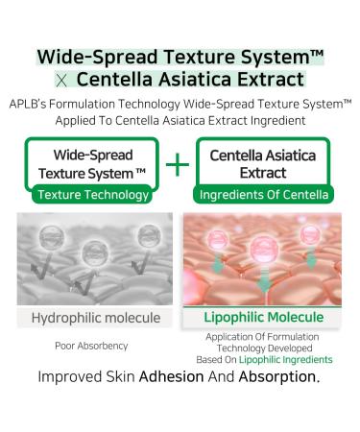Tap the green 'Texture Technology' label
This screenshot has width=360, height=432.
tap(92, 195)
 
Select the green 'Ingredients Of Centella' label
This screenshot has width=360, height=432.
tap(263, 195)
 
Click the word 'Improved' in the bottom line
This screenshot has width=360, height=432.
tap(75, 378)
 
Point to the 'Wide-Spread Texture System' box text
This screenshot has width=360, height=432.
tap(92, 163)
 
